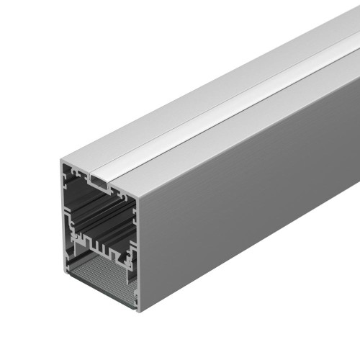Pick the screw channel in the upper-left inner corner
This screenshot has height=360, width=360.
click(72, 173)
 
